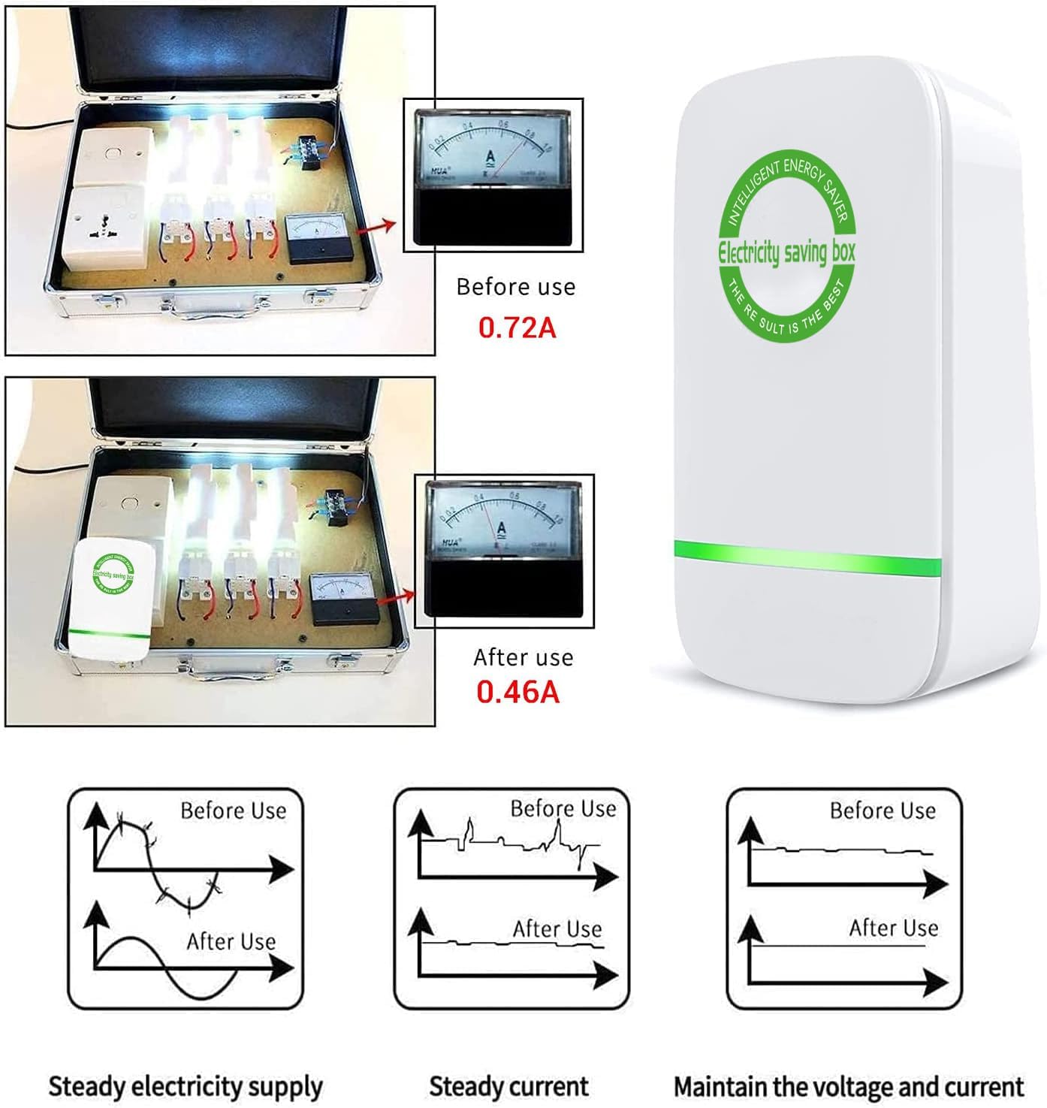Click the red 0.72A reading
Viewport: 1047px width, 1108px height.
[x=517, y=328]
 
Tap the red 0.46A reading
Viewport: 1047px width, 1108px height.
[x=518, y=692]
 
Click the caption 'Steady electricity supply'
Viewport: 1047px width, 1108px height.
[x=186, y=1086]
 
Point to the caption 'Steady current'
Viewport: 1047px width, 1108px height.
[x=508, y=1086]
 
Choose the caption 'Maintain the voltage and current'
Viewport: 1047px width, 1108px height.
[x=848, y=1086]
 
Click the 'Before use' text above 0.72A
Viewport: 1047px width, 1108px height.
[x=516, y=287]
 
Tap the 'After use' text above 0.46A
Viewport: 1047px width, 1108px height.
[x=523, y=657]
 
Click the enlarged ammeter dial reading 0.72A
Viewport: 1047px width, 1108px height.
[x=493, y=175]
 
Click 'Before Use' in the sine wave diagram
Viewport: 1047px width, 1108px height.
[x=234, y=811]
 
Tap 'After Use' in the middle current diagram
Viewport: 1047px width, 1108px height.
[x=557, y=929]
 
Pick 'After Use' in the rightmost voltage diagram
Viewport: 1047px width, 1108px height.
[x=894, y=928]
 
